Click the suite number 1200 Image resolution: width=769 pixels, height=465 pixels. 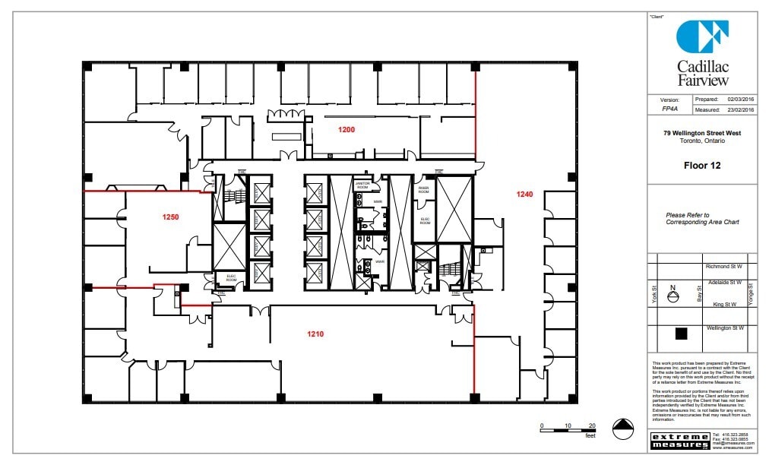tap(347, 130)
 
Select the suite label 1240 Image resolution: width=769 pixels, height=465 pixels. tap(525, 195)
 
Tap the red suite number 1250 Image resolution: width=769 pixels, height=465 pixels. tap(170, 217)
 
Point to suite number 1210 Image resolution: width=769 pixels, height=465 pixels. tap(315, 334)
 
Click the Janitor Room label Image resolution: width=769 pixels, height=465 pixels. tap(362, 185)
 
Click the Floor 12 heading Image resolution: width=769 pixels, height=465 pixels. tap(701, 165)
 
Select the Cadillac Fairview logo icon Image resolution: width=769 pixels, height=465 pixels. tap(701, 36)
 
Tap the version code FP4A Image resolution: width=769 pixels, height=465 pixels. tap(669, 109)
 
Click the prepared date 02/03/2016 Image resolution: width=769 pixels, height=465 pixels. tap(741, 100)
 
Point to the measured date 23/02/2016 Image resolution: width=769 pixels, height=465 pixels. tap(741, 110)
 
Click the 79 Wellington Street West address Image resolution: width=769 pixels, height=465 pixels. tap(701, 133)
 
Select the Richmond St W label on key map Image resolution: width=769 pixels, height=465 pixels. tap(723, 267)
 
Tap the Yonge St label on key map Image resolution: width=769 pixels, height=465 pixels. tap(750, 292)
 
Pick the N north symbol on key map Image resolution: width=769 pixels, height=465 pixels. tap(672, 295)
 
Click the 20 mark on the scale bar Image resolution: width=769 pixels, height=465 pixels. tap(591, 425)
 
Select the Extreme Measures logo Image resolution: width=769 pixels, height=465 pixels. tap(680, 441)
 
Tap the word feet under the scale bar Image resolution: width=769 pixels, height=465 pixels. tap(589, 437)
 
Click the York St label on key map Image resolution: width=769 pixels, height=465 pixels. tap(654, 294)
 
